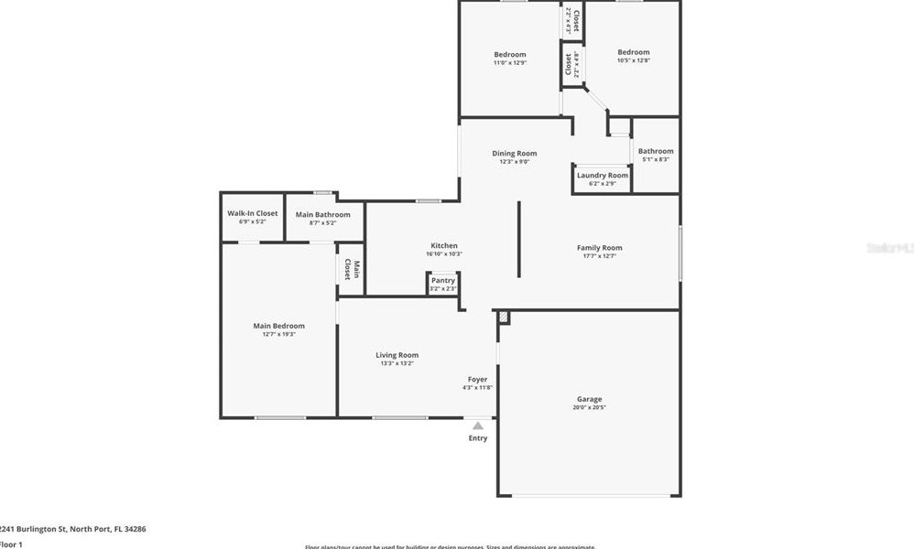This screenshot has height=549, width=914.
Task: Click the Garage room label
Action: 589,399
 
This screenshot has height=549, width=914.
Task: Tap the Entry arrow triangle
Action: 477,425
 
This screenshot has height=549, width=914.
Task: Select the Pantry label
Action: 443,280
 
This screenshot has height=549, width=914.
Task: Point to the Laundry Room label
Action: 602,175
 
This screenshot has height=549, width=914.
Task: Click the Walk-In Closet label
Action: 253,213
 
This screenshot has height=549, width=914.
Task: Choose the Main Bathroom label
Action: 322,215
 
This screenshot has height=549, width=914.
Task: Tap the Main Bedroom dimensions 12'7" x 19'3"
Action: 278,335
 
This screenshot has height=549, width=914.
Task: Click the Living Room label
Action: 397,355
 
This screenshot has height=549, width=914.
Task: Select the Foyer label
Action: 477,379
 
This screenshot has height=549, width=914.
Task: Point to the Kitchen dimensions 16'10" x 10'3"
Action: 444,254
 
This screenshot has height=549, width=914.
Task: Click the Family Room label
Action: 599,248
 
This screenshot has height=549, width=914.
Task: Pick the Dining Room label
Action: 514,153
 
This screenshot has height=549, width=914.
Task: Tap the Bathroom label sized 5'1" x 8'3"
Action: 656,151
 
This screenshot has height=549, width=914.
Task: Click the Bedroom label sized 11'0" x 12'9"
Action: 510,54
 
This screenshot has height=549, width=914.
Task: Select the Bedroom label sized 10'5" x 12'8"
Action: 633,52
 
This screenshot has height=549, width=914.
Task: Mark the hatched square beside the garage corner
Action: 503,316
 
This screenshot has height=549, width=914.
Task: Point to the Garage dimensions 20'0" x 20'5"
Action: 589,408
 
